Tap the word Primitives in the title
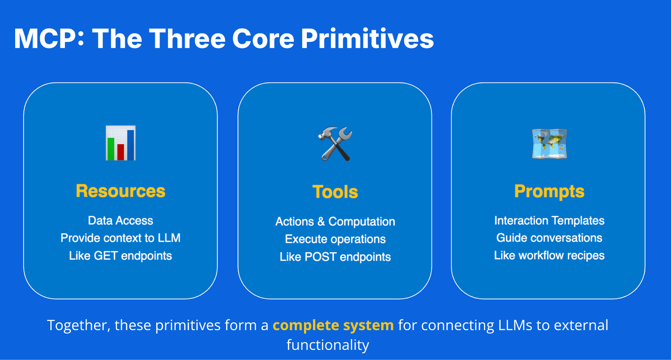coord(367,39)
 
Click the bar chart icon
coord(121,143)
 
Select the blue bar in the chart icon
coord(131,145)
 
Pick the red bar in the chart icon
coord(121,152)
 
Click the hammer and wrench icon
coord(335,144)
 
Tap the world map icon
coord(549,144)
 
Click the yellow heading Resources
coord(121,191)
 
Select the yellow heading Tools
coord(335,192)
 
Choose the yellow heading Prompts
coord(549,192)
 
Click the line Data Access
coord(121,220)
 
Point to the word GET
coord(106,256)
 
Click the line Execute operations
coord(335,239)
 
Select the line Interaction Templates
coord(549,220)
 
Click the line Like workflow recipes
coord(549,256)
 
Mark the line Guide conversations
coord(549,238)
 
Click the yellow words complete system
coord(333,325)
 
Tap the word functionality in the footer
coord(328,345)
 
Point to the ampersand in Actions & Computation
coord(321,222)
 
